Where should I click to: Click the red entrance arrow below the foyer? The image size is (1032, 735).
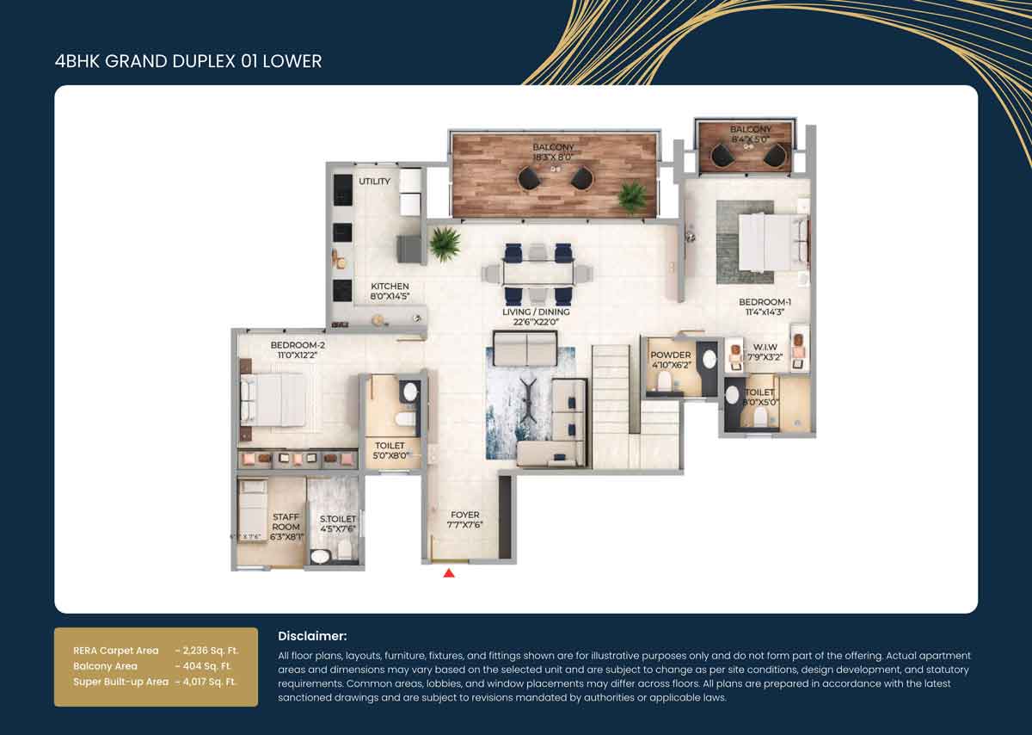[448, 572]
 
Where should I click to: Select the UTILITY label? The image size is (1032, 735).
[374, 182]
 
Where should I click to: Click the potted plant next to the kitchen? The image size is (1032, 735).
[445, 244]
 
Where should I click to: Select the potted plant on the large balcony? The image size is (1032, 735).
[632, 196]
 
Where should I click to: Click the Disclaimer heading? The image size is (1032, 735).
[312, 636]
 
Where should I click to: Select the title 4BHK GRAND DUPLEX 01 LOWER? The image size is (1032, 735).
[187, 61]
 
